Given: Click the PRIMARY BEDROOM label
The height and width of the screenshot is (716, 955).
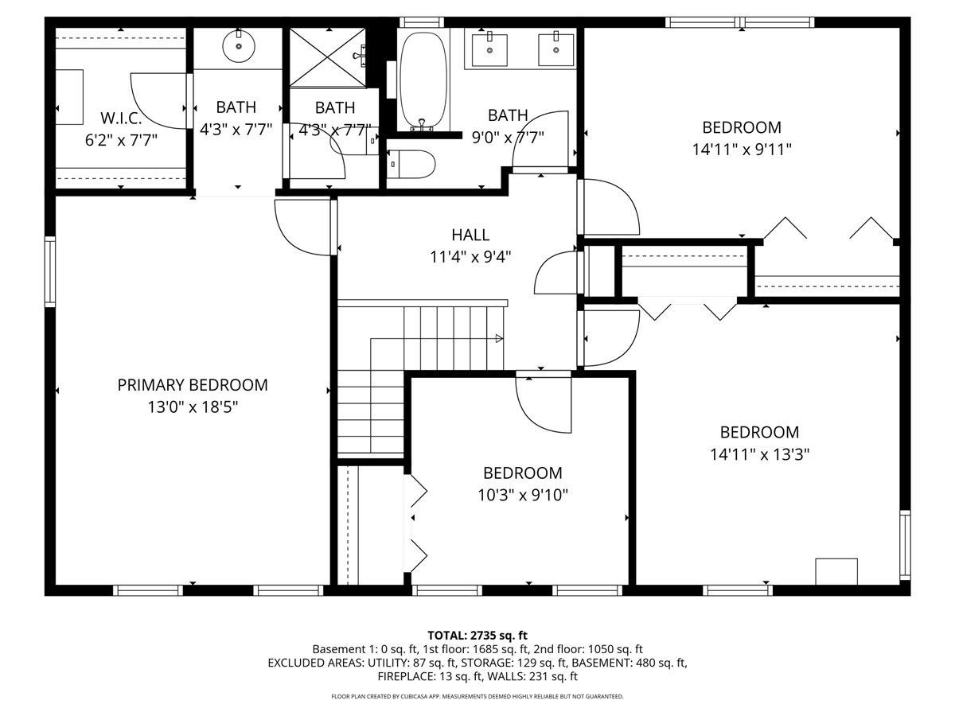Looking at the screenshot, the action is (193, 385).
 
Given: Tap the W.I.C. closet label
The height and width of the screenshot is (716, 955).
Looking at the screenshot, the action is (121, 118).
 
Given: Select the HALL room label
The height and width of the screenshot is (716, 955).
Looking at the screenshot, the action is (470, 235).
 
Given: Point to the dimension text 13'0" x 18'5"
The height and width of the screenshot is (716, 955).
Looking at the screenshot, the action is (193, 407).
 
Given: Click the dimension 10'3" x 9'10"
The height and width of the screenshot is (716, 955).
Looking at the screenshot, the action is (523, 495).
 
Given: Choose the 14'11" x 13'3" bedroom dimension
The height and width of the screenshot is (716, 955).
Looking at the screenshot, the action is (759, 455).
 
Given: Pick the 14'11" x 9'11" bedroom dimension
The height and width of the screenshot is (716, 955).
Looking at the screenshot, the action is (742, 150).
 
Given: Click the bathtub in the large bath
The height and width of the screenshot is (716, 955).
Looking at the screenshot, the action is (423, 81).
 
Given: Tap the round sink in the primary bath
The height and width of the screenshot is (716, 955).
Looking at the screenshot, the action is (239, 46).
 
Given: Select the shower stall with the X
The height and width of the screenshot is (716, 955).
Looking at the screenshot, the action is (328, 58).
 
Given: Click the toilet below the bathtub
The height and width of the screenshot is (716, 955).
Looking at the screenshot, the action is (411, 165).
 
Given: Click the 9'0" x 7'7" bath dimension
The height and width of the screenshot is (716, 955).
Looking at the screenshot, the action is (508, 138).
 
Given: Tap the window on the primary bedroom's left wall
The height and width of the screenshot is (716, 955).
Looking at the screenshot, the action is (50, 272).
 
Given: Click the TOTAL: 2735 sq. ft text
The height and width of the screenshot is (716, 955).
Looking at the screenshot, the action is (477, 636).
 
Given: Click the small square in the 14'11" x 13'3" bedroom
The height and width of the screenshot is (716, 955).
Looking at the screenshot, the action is (836, 572).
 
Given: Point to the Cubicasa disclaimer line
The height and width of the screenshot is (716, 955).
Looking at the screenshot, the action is (477, 696).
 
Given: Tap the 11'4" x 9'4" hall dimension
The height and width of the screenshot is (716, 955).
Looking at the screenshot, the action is (470, 257).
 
